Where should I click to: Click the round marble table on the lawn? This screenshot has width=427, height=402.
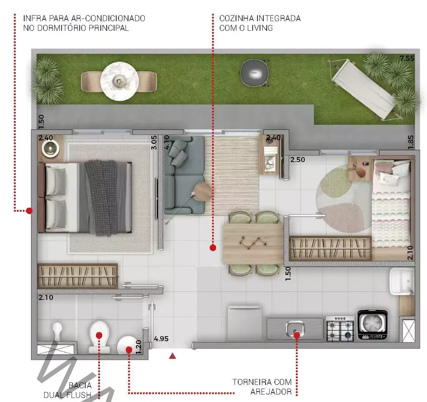[119, 81]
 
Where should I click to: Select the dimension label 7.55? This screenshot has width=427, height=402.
[407, 58]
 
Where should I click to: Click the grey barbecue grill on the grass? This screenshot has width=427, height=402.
[254, 73]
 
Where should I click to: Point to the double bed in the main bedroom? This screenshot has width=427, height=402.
[85, 198]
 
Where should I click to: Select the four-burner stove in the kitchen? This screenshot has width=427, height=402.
[340, 328]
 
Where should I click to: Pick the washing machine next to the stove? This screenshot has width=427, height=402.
[372, 325]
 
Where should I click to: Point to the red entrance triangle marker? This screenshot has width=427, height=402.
[172, 356]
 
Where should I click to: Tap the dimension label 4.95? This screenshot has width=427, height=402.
[161, 339]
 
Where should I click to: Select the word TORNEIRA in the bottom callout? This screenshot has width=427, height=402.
[251, 382]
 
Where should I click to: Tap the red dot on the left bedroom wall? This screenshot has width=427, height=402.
[29, 211]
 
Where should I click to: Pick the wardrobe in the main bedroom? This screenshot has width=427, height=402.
[78, 276]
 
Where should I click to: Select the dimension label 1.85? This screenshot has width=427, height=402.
[411, 142]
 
